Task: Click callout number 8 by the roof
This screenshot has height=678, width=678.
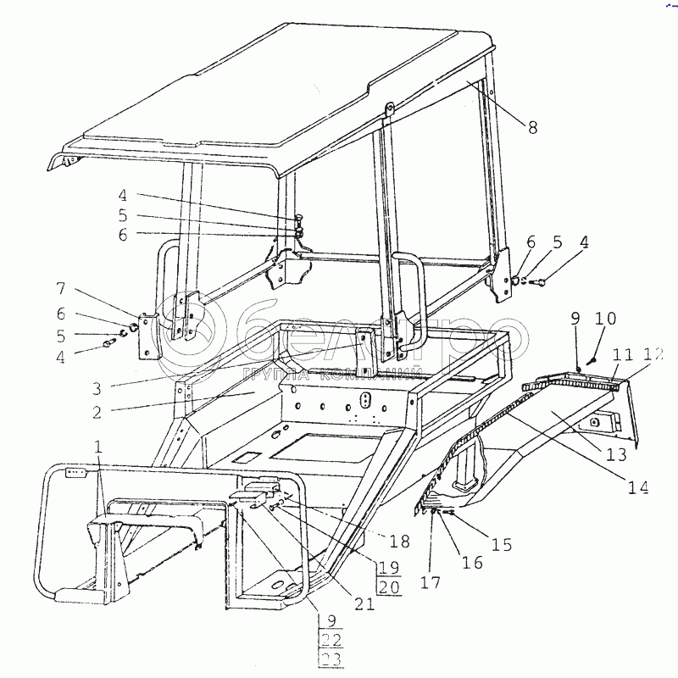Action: coord(533,128)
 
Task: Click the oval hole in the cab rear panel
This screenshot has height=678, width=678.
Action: coord(365,399)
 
